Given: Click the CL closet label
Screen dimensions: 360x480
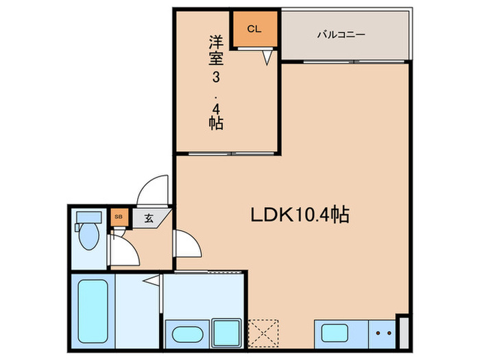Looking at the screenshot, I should coord(254,29).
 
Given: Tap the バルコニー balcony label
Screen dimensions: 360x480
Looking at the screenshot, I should coord(341,34).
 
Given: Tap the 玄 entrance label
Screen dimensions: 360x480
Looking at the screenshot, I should coord(148,219).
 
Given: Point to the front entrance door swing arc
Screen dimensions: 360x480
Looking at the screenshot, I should coord(152,189).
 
